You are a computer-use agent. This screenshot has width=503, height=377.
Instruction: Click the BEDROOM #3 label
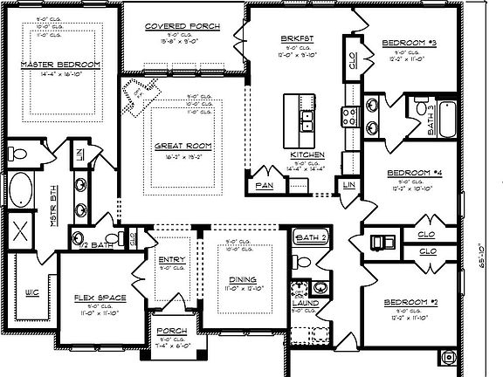pyautogui.click(x=409, y=42)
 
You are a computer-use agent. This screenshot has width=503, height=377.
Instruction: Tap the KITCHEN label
pyautogui.click(x=307, y=154)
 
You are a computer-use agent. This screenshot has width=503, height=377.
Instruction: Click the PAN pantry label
pyautogui.click(x=264, y=185)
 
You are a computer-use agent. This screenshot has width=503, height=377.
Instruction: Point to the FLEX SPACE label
pyautogui.click(x=100, y=298)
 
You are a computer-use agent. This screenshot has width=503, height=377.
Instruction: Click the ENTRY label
pyautogui.click(x=171, y=259)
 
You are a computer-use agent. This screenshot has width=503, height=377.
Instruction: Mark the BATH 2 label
pyautogui.click(x=310, y=237)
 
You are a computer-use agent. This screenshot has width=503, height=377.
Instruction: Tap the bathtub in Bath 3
pyautogui.click(x=446, y=119)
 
